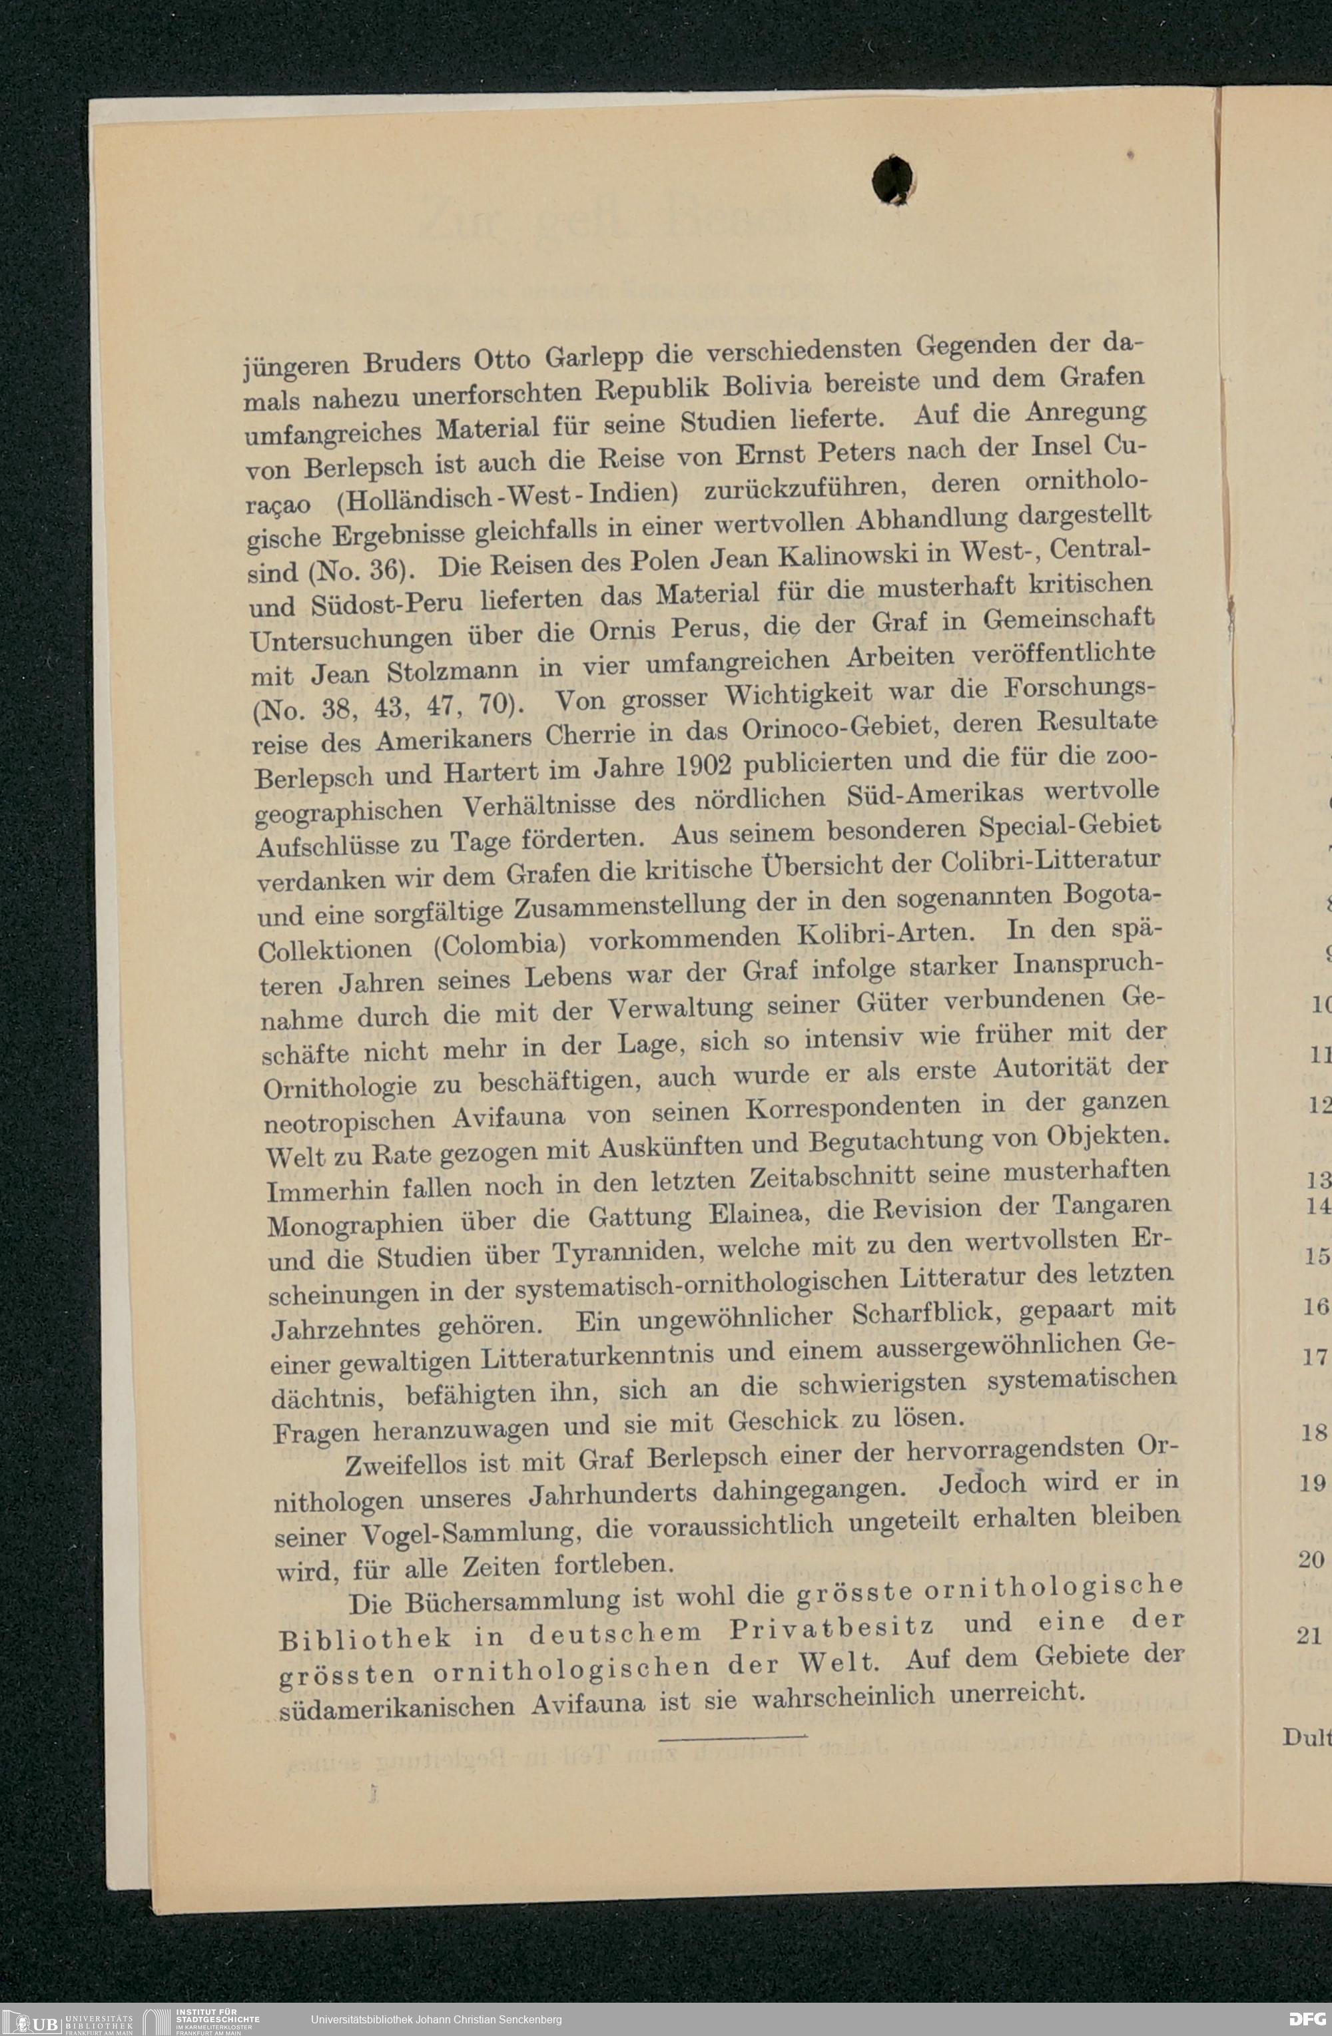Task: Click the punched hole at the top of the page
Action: pos(893,180)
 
